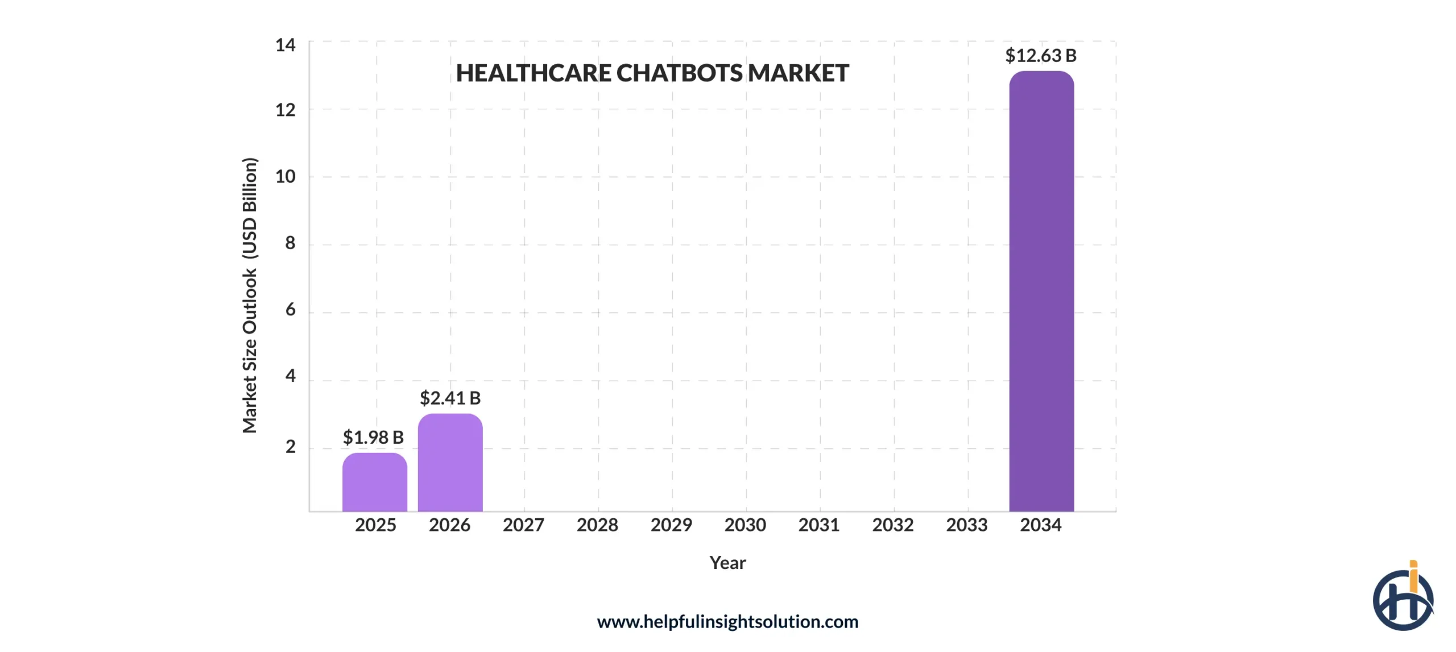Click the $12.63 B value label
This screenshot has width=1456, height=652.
pyautogui.click(x=1040, y=56)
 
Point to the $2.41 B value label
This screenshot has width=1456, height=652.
pyautogui.click(x=450, y=398)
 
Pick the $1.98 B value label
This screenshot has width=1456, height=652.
pyautogui.click(x=373, y=438)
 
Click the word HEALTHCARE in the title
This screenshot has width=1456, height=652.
pyautogui.click(x=533, y=73)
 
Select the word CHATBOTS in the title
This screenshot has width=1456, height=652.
pyautogui.click(x=680, y=73)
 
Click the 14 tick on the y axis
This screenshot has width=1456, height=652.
pyautogui.click(x=285, y=45)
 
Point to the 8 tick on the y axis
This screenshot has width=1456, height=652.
pyautogui.click(x=290, y=243)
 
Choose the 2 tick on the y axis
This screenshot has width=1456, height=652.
pyautogui.click(x=290, y=447)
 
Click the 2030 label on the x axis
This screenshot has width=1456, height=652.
pyautogui.click(x=745, y=525)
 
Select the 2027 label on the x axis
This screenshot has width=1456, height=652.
pyautogui.click(x=523, y=525)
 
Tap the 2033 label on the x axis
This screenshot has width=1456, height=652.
pyautogui.click(x=967, y=525)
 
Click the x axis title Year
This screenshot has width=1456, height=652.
pyautogui.click(x=727, y=563)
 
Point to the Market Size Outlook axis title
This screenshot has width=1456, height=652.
pyautogui.click(x=250, y=295)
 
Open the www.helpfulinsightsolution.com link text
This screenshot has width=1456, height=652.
pyautogui.click(x=727, y=621)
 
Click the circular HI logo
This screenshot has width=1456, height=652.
pyautogui.click(x=1403, y=599)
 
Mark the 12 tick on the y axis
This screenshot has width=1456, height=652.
pyautogui.click(x=285, y=110)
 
